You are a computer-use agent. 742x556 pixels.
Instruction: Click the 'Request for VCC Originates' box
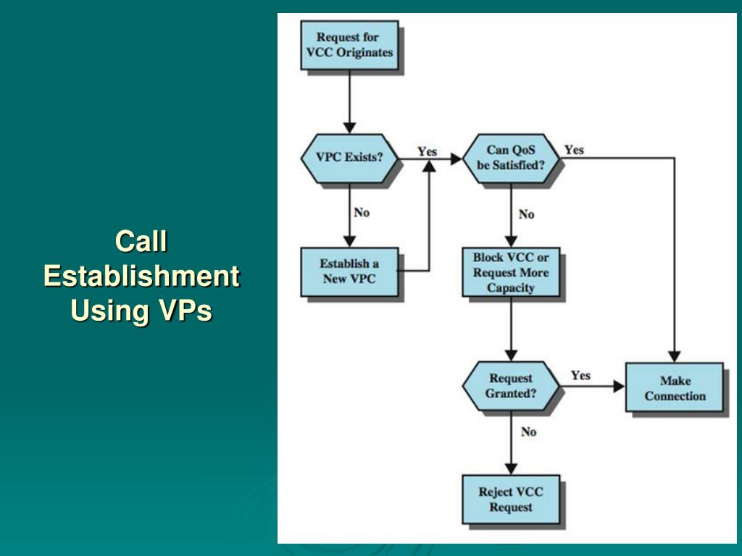tap(349, 44)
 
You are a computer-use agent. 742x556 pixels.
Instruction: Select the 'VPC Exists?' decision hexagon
tap(349, 157)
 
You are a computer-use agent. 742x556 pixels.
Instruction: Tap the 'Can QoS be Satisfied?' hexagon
tap(511, 157)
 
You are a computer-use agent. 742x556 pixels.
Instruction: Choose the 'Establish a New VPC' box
tap(349, 271)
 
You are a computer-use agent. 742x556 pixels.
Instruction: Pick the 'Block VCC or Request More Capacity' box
tap(511, 272)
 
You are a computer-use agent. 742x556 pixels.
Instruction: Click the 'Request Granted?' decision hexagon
tap(511, 386)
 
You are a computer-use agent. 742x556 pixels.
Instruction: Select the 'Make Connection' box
tap(675, 388)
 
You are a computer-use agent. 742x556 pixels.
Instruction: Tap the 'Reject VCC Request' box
tap(511, 499)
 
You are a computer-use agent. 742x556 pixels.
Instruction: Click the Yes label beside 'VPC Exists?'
tap(428, 151)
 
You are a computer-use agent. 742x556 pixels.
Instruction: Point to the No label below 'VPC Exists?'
tap(362, 212)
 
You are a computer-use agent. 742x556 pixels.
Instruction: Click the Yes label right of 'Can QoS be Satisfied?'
tap(574, 150)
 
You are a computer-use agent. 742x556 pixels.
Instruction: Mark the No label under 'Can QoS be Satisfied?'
tap(527, 214)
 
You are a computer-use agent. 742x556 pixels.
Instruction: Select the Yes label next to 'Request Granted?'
tap(580, 375)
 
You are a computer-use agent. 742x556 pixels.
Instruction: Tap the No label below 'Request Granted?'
tap(528, 431)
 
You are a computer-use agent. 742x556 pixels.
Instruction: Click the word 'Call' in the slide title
tap(141, 241)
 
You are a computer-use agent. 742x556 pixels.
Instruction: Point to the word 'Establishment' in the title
tap(141, 276)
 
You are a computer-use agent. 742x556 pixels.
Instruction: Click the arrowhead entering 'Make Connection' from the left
tap(619, 387)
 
